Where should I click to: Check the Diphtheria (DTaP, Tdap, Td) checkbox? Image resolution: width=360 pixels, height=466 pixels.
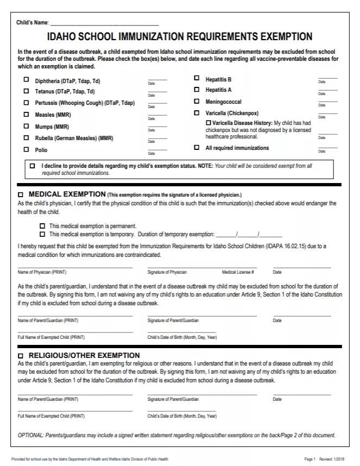point(26,79)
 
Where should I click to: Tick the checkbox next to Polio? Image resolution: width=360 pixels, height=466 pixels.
point(26,149)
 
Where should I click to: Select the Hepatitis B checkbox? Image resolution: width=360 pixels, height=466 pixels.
point(197,79)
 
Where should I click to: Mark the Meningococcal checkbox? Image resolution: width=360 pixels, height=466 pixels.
point(197,102)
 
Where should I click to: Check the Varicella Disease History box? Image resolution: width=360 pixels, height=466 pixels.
point(209,123)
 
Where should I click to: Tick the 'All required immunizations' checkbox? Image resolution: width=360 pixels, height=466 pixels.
point(197,148)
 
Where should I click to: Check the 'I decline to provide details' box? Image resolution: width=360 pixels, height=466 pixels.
point(33,165)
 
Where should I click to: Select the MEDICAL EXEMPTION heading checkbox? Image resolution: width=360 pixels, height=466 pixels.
point(21,194)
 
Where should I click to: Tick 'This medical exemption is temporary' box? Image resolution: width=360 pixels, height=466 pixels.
point(42,235)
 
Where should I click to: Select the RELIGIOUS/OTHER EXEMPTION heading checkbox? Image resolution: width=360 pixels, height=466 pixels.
point(21,356)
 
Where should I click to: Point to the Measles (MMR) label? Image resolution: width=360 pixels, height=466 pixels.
point(53,115)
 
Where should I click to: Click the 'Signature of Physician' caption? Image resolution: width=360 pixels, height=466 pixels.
point(167,272)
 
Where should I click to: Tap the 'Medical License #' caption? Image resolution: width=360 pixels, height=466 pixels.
point(238,272)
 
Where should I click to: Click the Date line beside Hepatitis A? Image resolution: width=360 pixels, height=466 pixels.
point(327,90)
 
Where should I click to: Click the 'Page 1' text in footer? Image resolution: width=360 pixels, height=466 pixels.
point(310,459)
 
